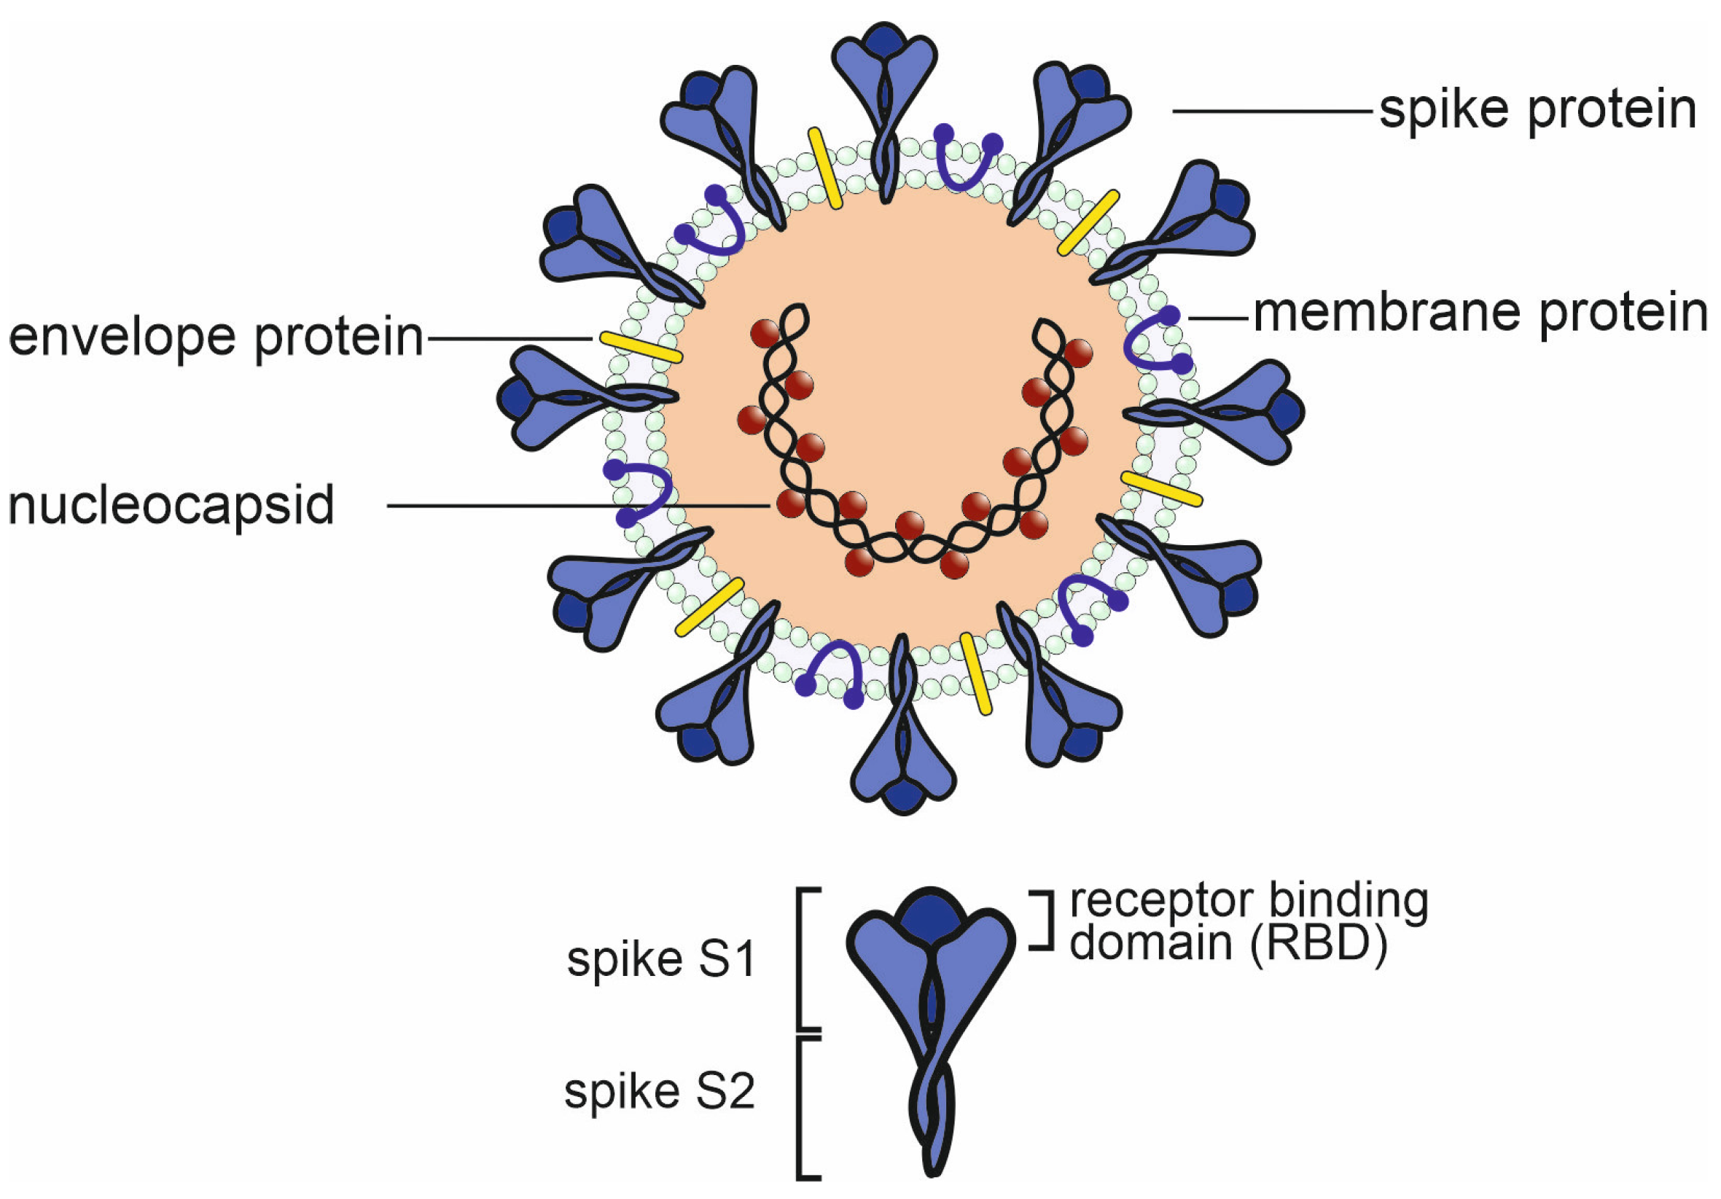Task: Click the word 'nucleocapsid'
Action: pos(171,506)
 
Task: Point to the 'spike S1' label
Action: pos(661,960)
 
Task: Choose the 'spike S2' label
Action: pos(660,1092)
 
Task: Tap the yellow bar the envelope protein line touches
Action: pos(641,347)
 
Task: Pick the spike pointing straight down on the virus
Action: pos(902,742)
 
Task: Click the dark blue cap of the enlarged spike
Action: pos(931,917)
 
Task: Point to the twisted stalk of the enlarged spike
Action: pos(932,1109)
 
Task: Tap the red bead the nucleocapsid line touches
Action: pos(790,504)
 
